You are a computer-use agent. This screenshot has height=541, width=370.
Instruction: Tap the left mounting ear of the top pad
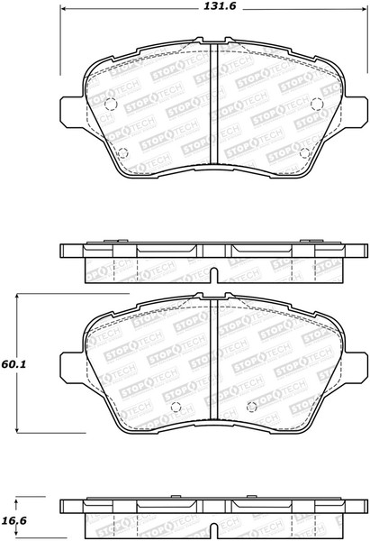(x=71, y=112)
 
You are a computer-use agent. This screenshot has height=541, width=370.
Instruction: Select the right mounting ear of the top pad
(x=355, y=112)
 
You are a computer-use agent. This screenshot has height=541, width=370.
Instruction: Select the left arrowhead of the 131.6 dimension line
(x=66, y=11)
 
